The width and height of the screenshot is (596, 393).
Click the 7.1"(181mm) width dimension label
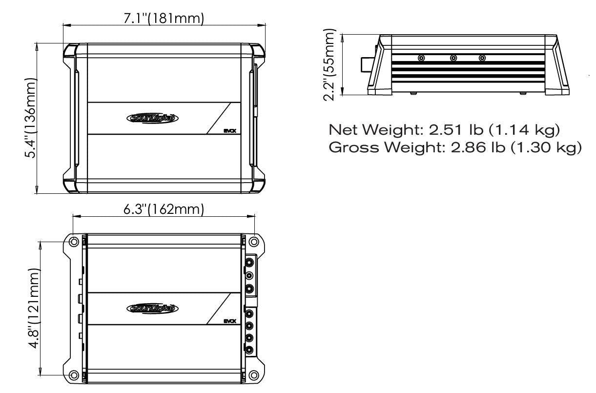tap(164, 19)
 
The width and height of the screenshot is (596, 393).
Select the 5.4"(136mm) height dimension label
tap(30, 118)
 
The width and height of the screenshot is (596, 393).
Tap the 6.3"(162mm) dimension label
tap(164, 209)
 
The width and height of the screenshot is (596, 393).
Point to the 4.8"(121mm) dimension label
tap(35, 308)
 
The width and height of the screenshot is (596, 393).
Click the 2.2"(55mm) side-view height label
tap(329, 64)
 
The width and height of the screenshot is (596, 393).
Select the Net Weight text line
tap(444, 130)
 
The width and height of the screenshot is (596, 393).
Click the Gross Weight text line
tap(455, 147)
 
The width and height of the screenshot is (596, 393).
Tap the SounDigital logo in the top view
tap(152, 118)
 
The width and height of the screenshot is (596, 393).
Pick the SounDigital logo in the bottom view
tap(152, 309)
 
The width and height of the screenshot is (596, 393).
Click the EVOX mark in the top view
tap(230, 131)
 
